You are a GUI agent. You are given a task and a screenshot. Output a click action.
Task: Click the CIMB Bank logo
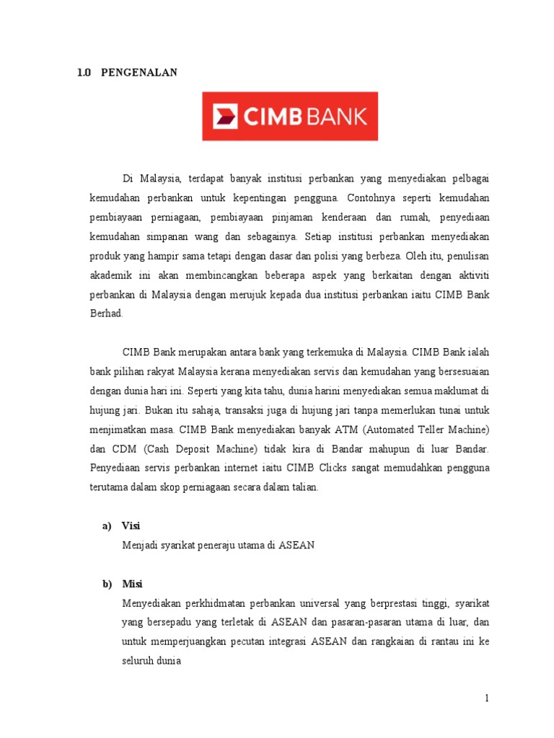tap(289, 115)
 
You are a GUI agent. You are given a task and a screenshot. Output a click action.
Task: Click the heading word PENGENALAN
tap(138, 73)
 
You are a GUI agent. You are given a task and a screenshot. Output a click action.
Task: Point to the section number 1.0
tap(83, 73)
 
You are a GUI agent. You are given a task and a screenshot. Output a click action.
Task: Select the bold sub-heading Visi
tap(131, 525)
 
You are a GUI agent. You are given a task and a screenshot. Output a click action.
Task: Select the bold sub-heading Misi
tap(132, 584)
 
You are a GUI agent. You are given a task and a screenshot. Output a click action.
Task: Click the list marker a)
tap(107, 525)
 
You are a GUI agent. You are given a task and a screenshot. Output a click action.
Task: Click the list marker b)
tap(107, 584)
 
